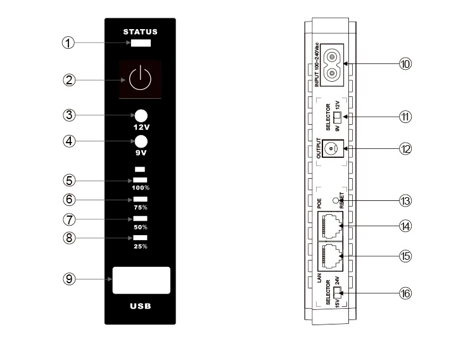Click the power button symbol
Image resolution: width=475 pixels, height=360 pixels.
click(140, 80)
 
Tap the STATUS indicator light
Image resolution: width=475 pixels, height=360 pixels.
click(141, 44)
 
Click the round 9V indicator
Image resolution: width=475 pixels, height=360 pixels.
click(141, 141)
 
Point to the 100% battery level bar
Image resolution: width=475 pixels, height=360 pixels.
click(141, 181)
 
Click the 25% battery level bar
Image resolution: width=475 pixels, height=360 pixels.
click(141, 238)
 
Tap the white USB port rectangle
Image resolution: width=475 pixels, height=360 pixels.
click(141, 280)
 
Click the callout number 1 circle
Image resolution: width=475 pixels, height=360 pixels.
click(68, 43)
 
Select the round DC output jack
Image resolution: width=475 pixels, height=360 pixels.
click(329, 148)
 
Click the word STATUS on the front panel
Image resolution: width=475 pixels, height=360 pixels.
click(140, 31)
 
